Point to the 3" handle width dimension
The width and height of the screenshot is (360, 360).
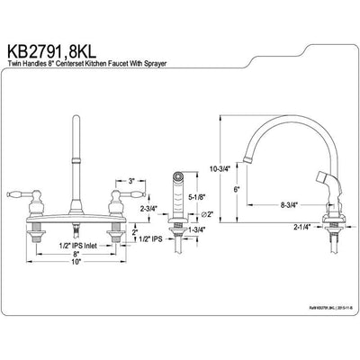pos(130,181)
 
